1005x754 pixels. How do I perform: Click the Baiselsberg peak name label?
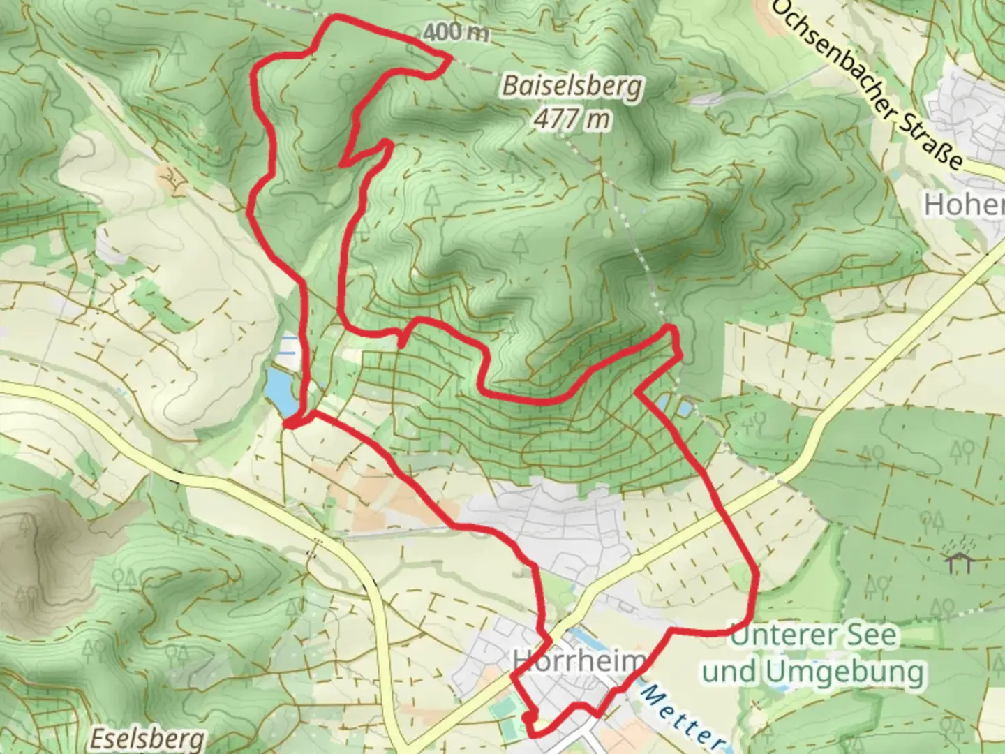tap(572, 87)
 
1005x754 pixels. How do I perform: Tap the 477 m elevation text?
tap(572, 119)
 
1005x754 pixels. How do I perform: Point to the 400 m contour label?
tap(455, 31)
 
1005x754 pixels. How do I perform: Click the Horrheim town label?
tap(576, 660)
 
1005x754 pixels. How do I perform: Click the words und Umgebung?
tap(814, 672)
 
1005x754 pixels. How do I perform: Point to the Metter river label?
tap(680, 716)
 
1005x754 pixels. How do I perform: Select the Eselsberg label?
tap(149, 739)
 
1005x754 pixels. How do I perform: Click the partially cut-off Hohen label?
tap(963, 205)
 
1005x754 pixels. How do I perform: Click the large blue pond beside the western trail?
tap(281, 393)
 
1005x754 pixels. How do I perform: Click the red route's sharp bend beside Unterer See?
tap(755, 574)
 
